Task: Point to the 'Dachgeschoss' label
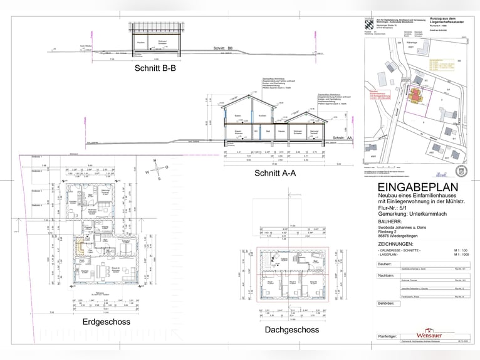click(292, 329)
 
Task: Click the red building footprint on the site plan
click(415, 95)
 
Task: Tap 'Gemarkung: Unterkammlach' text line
click(414, 214)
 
